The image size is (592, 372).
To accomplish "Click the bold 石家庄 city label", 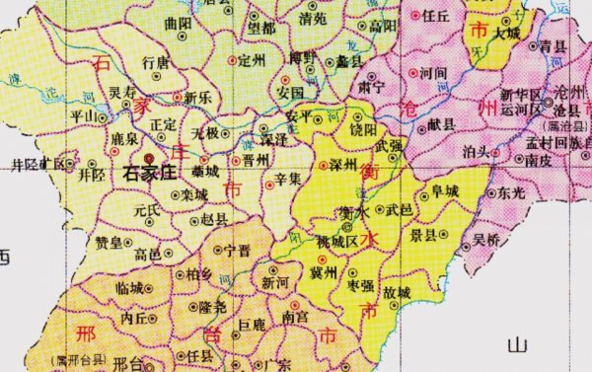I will pos(155,172).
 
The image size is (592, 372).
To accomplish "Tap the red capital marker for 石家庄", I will pos(149,156).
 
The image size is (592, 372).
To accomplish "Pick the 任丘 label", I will pos(435,17).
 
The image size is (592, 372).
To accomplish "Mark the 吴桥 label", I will pos(487,239).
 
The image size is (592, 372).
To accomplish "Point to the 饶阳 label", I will pos(363,129).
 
